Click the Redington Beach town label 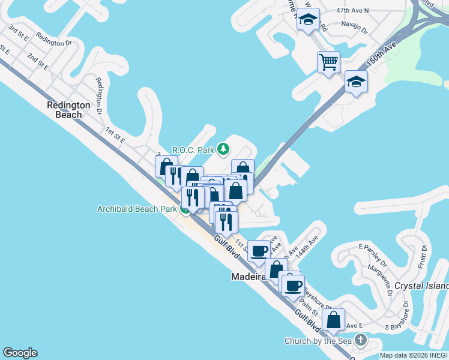pyautogui.click(x=68, y=110)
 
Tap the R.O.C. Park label pyautogui.click(x=193, y=149)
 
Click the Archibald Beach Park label pyautogui.click(x=137, y=209)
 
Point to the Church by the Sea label pyautogui.click(x=318, y=341)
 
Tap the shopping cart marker pyautogui.click(x=328, y=61)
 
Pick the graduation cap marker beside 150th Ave pyautogui.click(x=356, y=82)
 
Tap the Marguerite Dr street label pyautogui.click(x=381, y=275)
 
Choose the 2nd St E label pyautogui.click(x=37, y=62)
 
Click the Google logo pyautogui.click(x=20, y=353)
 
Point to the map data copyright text pyautogui.click(x=414, y=355)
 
